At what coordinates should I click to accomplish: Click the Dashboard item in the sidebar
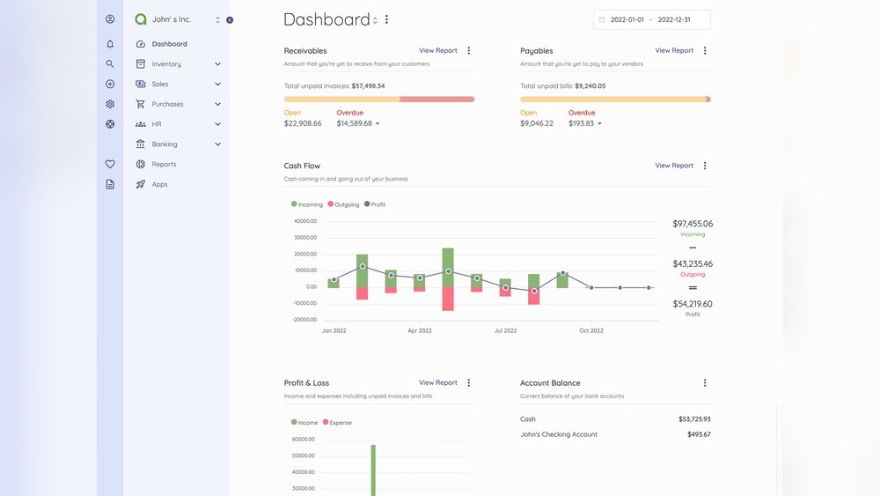[169, 44]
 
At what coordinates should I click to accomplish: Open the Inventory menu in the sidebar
[166, 64]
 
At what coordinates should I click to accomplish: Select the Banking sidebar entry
[165, 144]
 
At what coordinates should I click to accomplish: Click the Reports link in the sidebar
[164, 165]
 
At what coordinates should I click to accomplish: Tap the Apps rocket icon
[141, 185]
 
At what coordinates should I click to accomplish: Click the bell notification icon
[110, 44]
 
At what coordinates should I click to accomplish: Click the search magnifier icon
[110, 64]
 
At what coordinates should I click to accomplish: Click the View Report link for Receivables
[437, 51]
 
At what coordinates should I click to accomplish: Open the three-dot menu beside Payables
[705, 51]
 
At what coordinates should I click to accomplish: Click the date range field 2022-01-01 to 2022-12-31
[652, 19]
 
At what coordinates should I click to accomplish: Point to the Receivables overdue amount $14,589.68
[355, 123]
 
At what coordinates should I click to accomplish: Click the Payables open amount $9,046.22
[537, 123]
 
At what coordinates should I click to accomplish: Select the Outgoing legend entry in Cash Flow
[344, 204]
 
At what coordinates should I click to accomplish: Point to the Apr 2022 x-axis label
[419, 331]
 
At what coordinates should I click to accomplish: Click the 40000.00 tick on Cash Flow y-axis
[305, 221]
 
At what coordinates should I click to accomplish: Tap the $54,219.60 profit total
[693, 304]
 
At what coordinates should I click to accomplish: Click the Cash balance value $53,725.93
[694, 419]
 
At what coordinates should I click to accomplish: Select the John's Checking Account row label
[558, 434]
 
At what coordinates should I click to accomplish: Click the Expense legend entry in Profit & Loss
[338, 423]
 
